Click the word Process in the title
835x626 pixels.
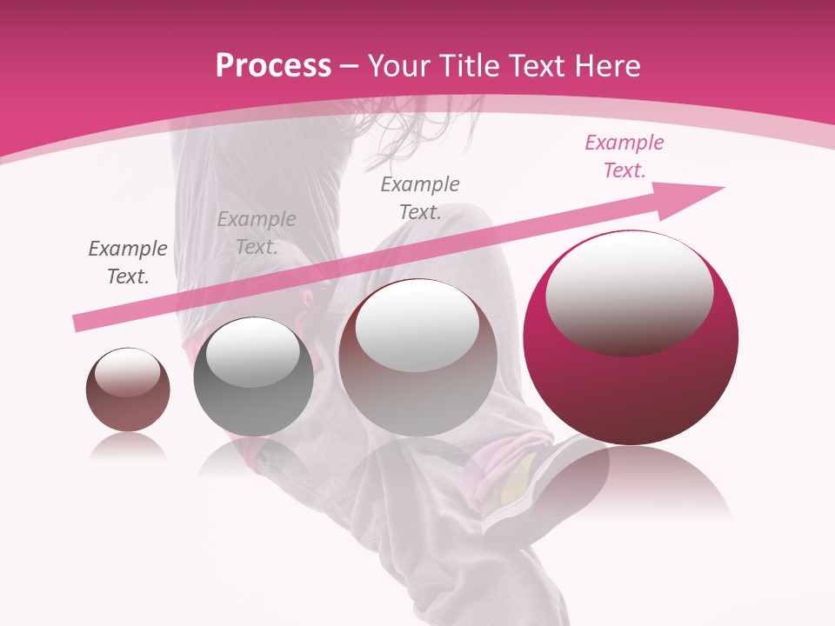pos(273,66)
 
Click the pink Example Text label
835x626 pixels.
pos(624,156)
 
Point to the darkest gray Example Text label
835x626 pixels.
pos(128,262)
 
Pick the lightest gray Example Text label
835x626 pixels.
pos(257,232)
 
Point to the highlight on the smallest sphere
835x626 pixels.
pos(127,372)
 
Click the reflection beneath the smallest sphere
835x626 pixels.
pos(128,447)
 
